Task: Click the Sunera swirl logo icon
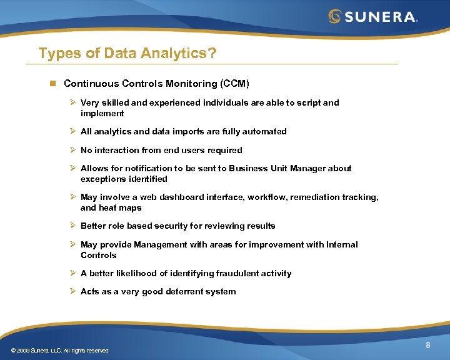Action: click(336, 16)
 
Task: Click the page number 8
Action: click(428, 346)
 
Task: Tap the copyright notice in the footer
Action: click(59, 351)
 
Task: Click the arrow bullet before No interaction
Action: click(72, 150)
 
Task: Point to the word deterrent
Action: click(178, 291)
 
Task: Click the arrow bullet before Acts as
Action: click(72, 291)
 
